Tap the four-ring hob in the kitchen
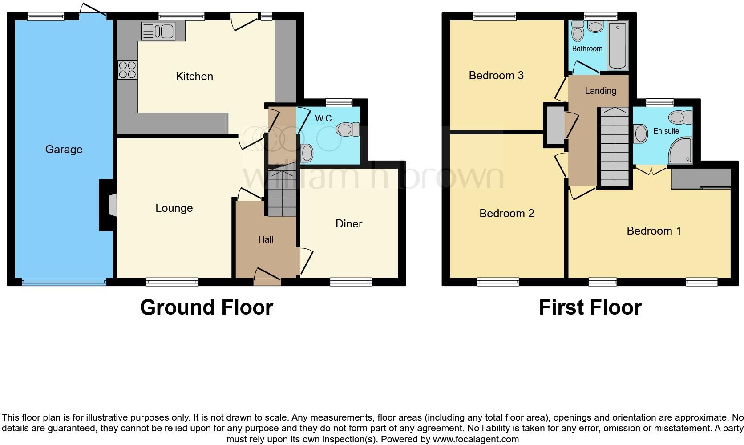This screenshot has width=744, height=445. [x=127, y=70]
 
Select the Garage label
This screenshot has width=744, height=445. [x=64, y=150]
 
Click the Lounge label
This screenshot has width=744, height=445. [x=174, y=208]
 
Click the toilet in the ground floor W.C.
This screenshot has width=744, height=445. [x=348, y=130]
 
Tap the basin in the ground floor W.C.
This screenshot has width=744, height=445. [x=306, y=153]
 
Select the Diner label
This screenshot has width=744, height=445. [x=349, y=224]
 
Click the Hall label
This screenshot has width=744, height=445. [x=266, y=239]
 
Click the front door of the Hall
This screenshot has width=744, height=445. [x=267, y=276]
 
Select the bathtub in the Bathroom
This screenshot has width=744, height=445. [x=617, y=45]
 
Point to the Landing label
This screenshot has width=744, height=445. [x=600, y=91]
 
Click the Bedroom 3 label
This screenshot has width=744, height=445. [x=496, y=76]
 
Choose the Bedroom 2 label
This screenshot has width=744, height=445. [x=506, y=214]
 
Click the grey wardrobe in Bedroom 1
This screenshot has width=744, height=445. [x=701, y=178]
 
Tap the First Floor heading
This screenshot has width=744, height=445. [x=590, y=307]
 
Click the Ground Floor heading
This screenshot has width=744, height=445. [x=206, y=307]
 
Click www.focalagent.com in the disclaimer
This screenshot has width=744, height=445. [x=476, y=440]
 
